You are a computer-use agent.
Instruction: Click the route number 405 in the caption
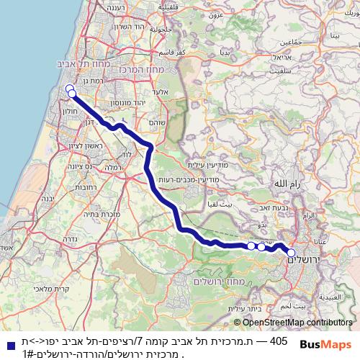[279, 341]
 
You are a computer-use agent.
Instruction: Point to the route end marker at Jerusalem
[292, 253]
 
